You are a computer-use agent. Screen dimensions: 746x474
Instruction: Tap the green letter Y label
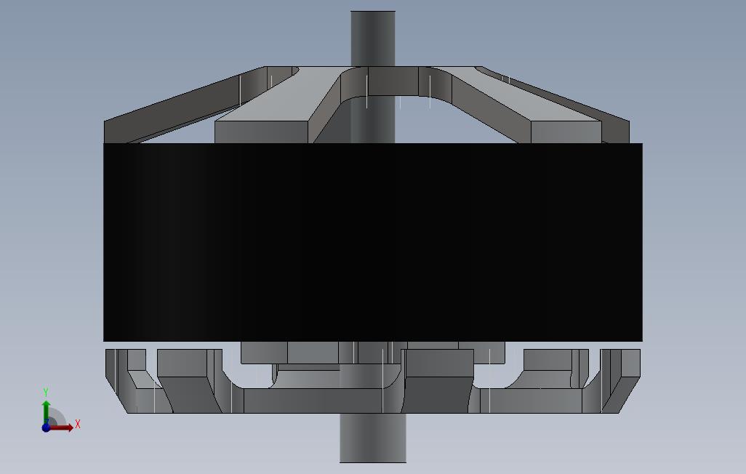[x=46, y=392]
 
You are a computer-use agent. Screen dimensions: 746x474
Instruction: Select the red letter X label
[x=78, y=424]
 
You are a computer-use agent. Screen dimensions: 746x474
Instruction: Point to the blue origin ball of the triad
[x=46, y=427]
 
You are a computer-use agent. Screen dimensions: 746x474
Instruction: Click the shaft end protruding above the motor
[x=373, y=39]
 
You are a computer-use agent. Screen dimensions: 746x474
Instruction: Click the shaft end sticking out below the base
[x=373, y=438]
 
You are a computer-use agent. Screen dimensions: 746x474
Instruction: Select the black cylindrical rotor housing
[x=373, y=242]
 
